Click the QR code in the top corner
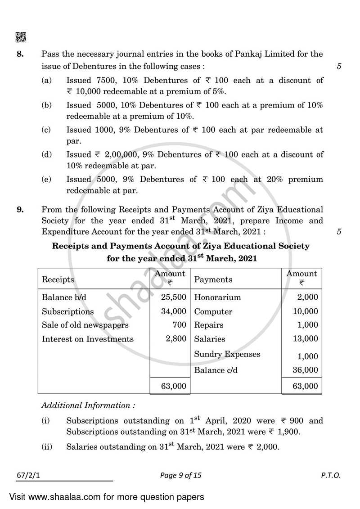21,37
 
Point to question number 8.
20,54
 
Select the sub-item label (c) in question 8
46,130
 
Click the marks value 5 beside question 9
339,232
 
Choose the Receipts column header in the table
58,279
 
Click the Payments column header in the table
213,279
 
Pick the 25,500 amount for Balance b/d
173,297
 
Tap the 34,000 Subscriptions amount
173,311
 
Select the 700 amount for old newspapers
179,325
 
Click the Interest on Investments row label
88,339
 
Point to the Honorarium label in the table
217,297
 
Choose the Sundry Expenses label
227,354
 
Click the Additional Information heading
88,405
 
